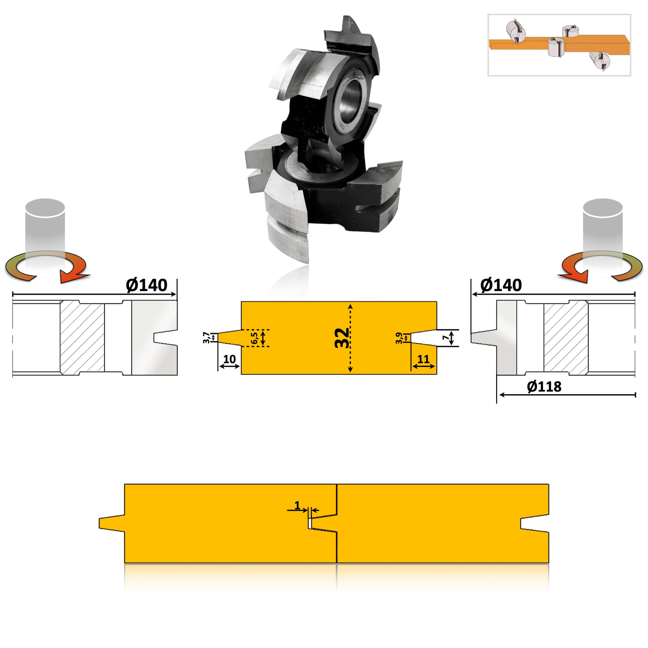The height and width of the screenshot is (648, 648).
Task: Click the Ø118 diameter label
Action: (544, 387)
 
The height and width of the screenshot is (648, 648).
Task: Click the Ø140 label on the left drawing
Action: (147, 285)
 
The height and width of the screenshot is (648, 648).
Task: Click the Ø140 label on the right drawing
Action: (501, 285)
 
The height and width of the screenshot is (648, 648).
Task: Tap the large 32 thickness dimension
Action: (342, 338)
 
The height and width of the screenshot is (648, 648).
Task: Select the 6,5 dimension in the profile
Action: (254, 338)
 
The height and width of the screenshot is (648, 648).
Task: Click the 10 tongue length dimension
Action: (229, 360)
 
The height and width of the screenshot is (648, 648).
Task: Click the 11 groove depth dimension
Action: (423, 360)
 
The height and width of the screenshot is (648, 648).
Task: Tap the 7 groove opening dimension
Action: (446, 338)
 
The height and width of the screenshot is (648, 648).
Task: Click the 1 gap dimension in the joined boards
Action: (297, 505)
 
